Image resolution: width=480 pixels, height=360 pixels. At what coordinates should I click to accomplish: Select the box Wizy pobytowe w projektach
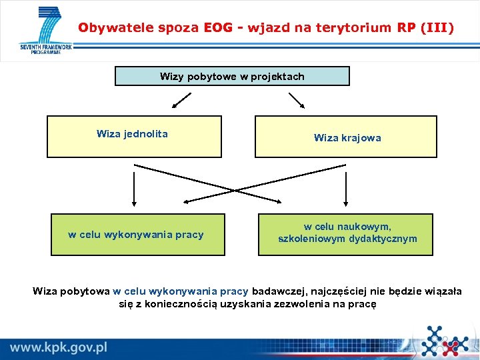click(232, 76)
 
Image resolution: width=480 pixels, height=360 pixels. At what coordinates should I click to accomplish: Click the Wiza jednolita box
click(133, 137)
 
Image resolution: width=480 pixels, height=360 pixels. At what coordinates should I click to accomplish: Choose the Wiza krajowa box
click(346, 137)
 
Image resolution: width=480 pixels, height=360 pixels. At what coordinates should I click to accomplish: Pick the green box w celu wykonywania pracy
click(137, 235)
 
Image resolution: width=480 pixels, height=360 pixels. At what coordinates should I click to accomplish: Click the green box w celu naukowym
click(346, 234)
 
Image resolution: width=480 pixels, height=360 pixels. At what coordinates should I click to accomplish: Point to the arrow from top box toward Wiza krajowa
click(297, 100)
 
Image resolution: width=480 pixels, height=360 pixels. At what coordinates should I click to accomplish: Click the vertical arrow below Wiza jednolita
click(134, 187)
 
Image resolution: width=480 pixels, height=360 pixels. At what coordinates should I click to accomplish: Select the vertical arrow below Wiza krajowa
click(346, 187)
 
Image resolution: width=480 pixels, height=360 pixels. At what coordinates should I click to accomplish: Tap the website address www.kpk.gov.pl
click(59, 347)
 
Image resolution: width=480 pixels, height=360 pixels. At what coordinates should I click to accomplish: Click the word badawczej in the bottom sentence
click(275, 291)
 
